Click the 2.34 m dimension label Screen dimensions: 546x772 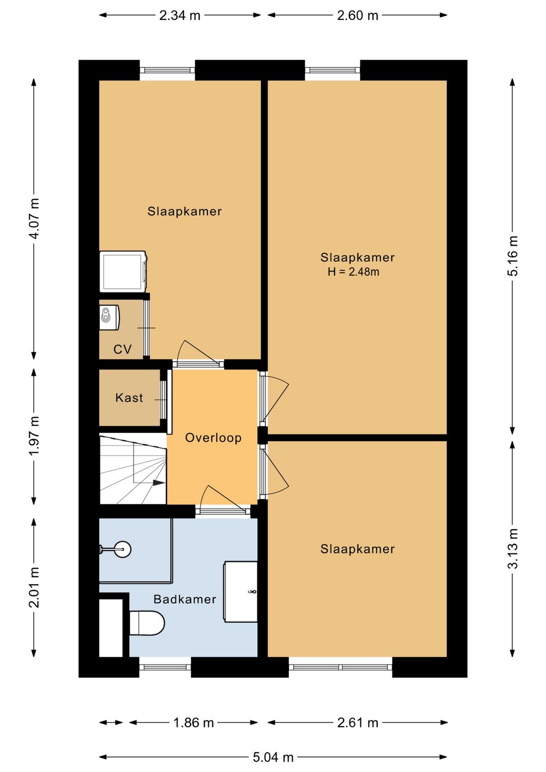click(179, 16)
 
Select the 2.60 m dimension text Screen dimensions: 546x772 click(357, 16)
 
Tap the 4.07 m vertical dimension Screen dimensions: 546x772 click(34, 219)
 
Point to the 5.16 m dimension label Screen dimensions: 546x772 click(513, 255)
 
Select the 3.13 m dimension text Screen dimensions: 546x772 click(513, 548)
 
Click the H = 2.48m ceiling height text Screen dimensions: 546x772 click(353, 272)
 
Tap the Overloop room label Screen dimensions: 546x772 click(213, 438)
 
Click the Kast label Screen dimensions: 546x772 click(129, 398)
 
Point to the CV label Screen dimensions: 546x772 click(123, 350)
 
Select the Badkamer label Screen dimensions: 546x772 click(185, 599)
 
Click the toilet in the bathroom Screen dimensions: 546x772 click(147, 623)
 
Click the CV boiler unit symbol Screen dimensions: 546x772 click(110, 317)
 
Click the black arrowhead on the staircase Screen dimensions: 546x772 click(159, 483)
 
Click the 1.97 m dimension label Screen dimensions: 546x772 click(34, 436)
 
